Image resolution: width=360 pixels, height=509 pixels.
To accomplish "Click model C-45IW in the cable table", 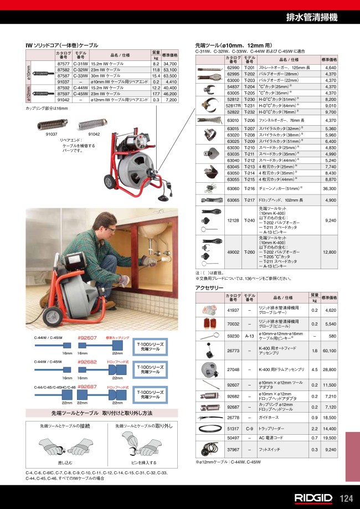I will pyautogui.click(x=80, y=94).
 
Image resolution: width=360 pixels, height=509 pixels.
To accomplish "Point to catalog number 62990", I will pyautogui.click(x=233, y=68).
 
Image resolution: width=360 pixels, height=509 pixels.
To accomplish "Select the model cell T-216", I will pyautogui.click(x=250, y=189).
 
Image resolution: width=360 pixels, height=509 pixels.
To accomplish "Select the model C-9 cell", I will pyautogui.click(x=250, y=429).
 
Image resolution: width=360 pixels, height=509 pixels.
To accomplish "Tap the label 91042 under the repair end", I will pyautogui.click(x=94, y=134).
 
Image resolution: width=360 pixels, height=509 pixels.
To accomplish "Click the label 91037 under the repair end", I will pyautogui.click(x=51, y=134).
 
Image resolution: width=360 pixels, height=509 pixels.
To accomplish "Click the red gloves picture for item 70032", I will pyautogui.click(x=209, y=323).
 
